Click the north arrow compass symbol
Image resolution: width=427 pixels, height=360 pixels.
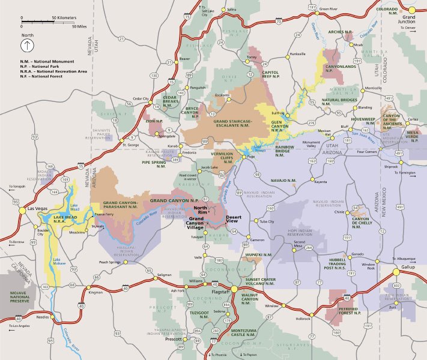pyautogui.click(x=29, y=46)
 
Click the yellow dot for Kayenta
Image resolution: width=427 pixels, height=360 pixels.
pyautogui.click(x=313, y=179)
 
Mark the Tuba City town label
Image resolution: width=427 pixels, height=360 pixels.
pyautogui.click(x=266, y=221)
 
